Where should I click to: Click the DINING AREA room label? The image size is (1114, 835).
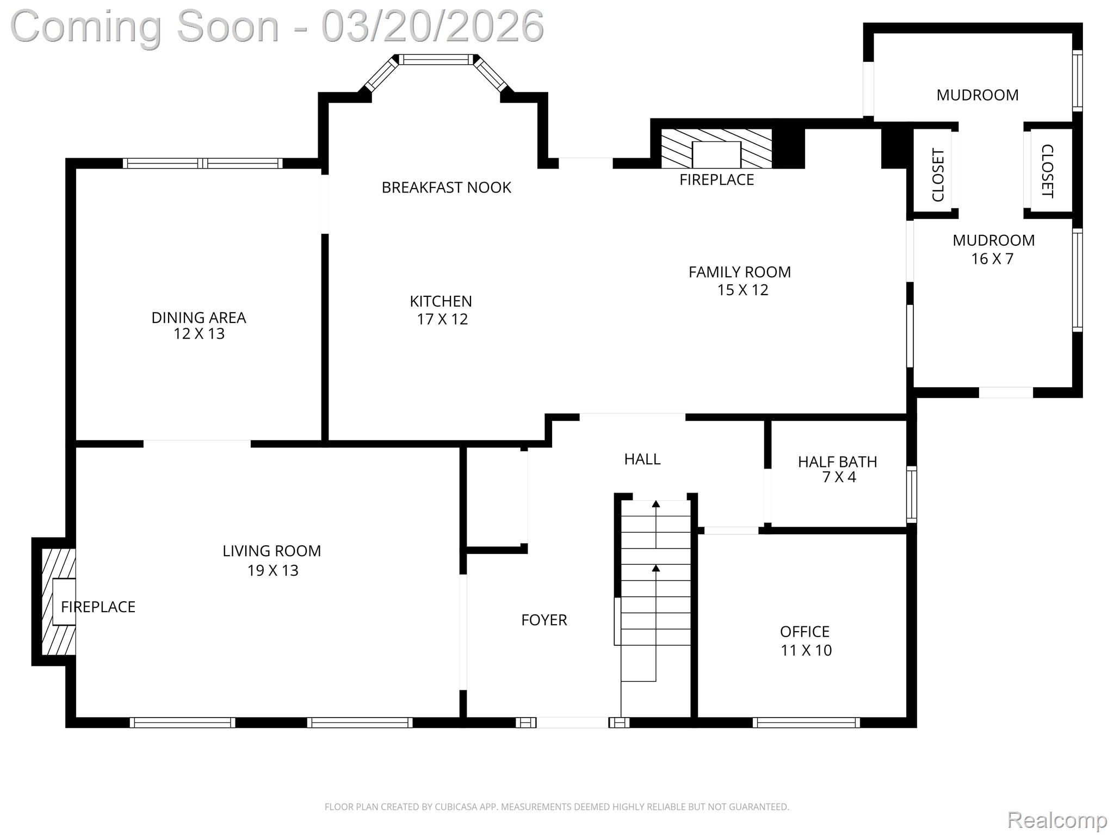click(199, 317)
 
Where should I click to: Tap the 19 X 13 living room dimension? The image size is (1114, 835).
click(273, 570)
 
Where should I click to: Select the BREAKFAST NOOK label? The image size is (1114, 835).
click(446, 188)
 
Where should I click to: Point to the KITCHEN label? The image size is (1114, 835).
click(441, 301)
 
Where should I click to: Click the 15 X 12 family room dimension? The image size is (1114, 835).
click(742, 290)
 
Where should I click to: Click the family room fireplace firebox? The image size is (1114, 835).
click(716, 154)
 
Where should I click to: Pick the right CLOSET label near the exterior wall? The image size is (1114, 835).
click(1047, 171)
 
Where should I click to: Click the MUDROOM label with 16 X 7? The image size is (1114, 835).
click(993, 240)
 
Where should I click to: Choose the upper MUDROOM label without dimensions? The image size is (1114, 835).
click(977, 95)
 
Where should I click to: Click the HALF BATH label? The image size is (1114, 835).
click(837, 462)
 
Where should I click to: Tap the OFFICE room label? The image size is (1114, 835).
click(804, 632)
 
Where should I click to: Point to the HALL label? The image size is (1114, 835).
click(642, 459)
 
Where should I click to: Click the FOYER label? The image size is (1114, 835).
click(544, 620)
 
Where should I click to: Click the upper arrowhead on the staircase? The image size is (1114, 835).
click(656, 504)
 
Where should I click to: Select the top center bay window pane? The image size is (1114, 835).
click(436, 59)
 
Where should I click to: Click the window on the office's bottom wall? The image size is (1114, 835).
click(806, 722)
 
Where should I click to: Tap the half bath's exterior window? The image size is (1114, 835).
click(911, 494)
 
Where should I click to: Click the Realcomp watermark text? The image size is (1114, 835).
click(1057, 819)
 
